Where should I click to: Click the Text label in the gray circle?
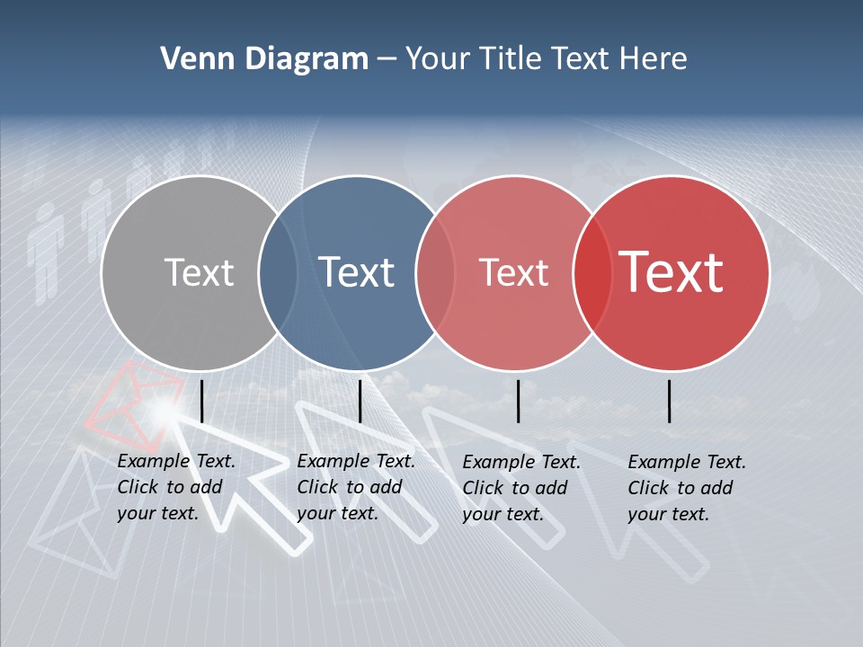(x=199, y=272)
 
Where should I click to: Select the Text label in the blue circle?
(x=357, y=272)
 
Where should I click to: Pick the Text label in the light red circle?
(x=514, y=272)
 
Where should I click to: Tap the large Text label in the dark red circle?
(x=672, y=272)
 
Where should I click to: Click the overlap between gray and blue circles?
(x=278, y=273)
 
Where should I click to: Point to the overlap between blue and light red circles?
(x=435, y=273)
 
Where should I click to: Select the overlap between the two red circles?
(x=592, y=273)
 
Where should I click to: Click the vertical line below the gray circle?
(x=202, y=401)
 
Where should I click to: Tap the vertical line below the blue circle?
(x=360, y=401)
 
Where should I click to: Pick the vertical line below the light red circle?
(x=519, y=401)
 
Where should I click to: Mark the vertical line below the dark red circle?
(x=670, y=401)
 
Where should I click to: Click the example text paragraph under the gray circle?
(x=175, y=488)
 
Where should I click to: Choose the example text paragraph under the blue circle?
(x=355, y=488)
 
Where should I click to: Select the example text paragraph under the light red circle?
(x=520, y=488)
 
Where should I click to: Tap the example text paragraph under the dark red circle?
(x=686, y=488)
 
